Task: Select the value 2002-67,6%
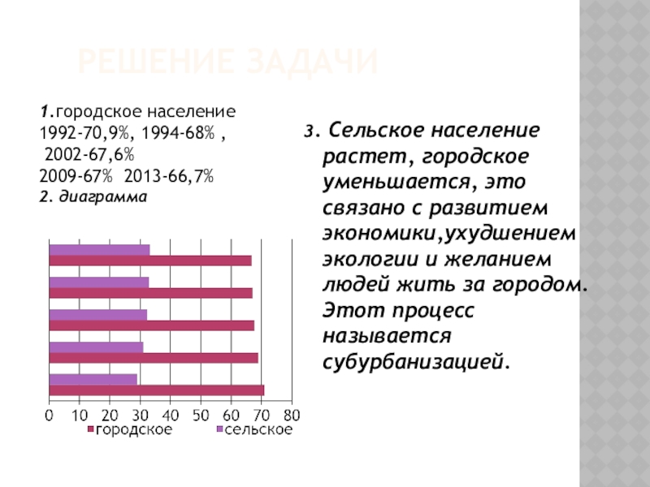click(89, 153)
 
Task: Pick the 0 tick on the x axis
click(49, 416)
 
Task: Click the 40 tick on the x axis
click(170, 416)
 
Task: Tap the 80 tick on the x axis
click(291, 416)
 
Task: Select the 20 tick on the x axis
click(110, 416)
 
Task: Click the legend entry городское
click(133, 430)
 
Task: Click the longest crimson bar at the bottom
click(156, 390)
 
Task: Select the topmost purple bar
click(99, 250)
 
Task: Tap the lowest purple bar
click(93, 379)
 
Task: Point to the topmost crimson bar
click(149, 261)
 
